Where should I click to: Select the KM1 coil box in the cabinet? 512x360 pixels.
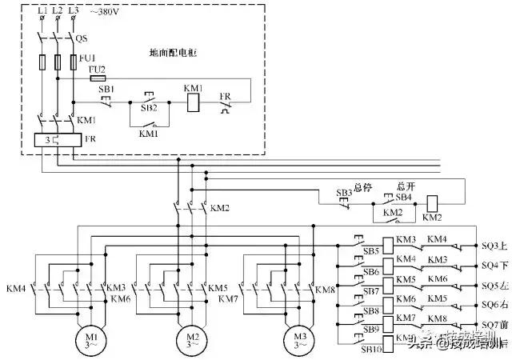tap(193, 103)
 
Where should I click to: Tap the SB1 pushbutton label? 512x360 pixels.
tap(106, 89)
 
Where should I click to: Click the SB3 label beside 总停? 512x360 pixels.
tap(343, 194)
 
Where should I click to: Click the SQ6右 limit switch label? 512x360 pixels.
tap(490, 305)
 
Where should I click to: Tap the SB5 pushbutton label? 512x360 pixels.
tap(371, 251)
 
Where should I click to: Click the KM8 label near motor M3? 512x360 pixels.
tap(325, 290)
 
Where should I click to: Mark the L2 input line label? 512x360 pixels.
tap(57, 10)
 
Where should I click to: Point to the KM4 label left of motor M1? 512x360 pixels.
tap(16, 288)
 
